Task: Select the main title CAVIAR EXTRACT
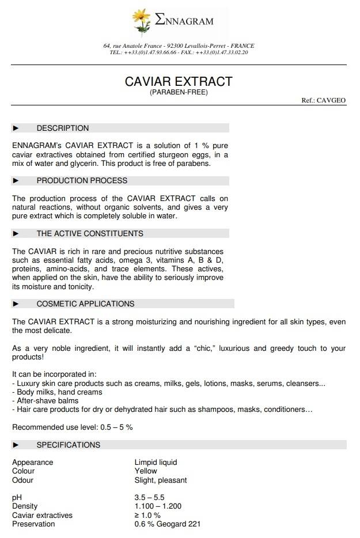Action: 179,81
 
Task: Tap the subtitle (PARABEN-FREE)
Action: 179,92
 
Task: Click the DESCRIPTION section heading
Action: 63,128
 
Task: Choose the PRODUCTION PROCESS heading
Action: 82,180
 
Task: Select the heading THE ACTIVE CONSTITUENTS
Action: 90,233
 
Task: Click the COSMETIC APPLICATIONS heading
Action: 85,304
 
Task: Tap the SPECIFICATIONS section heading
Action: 69,445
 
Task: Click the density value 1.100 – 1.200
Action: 158,506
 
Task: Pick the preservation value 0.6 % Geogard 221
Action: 167,524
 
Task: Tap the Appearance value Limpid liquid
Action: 156,462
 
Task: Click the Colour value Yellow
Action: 146,471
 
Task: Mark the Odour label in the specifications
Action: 23,480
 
